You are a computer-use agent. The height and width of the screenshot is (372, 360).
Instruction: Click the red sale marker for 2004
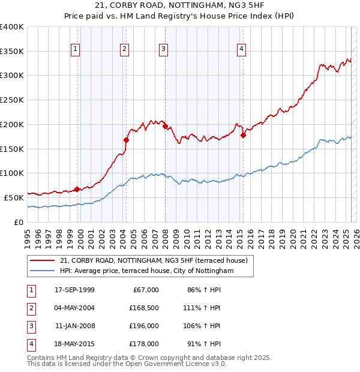coord(127,140)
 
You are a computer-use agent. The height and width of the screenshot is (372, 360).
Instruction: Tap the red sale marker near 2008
coord(165,127)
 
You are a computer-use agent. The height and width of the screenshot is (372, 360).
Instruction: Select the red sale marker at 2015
coord(244,136)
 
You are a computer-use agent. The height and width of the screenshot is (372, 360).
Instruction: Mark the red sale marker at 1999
coord(77,190)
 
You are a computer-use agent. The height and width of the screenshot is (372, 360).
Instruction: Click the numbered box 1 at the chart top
coord(76,49)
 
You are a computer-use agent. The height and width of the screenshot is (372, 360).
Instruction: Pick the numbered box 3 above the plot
coord(163,49)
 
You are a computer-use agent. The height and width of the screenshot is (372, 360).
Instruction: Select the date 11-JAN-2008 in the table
coord(74,326)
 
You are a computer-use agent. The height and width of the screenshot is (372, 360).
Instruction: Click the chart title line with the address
coord(179,7)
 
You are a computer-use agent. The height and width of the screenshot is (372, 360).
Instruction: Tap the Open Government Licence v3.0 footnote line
coord(127,364)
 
